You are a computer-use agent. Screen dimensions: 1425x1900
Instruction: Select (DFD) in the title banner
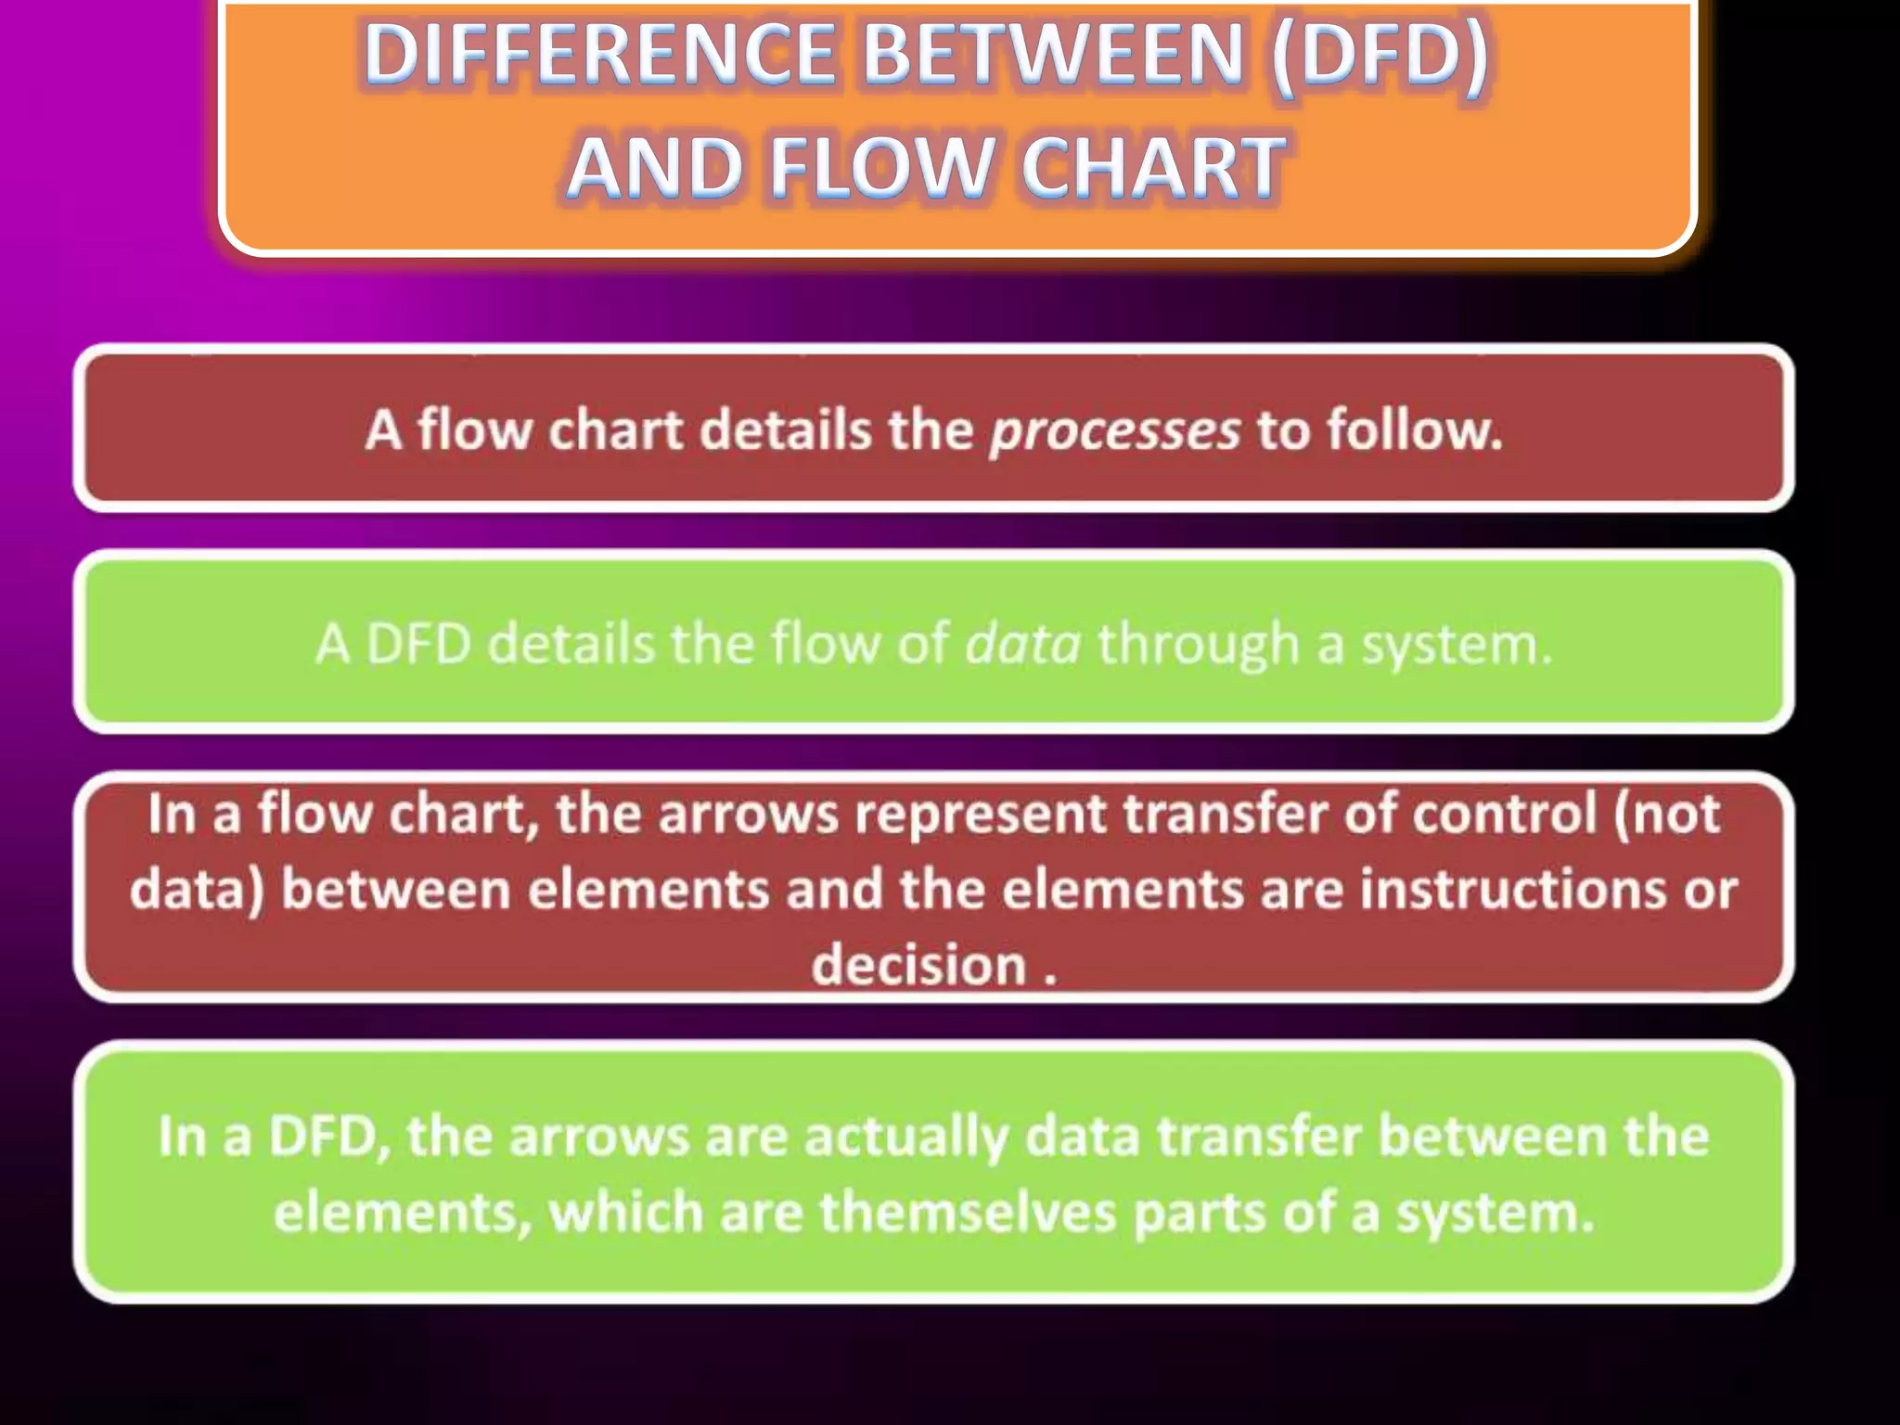1380,53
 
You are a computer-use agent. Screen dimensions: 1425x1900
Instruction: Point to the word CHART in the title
1152,167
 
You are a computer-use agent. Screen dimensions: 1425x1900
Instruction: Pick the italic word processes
1114,430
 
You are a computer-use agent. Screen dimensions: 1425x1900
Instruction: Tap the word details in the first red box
785,430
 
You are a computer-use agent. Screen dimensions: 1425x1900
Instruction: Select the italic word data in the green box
1022,643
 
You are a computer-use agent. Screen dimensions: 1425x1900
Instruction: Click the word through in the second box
1198,643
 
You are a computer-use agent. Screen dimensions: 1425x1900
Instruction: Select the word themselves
968,1212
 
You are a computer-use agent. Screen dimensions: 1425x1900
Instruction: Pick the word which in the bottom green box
626,1212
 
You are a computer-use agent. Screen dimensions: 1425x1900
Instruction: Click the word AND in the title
655,167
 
